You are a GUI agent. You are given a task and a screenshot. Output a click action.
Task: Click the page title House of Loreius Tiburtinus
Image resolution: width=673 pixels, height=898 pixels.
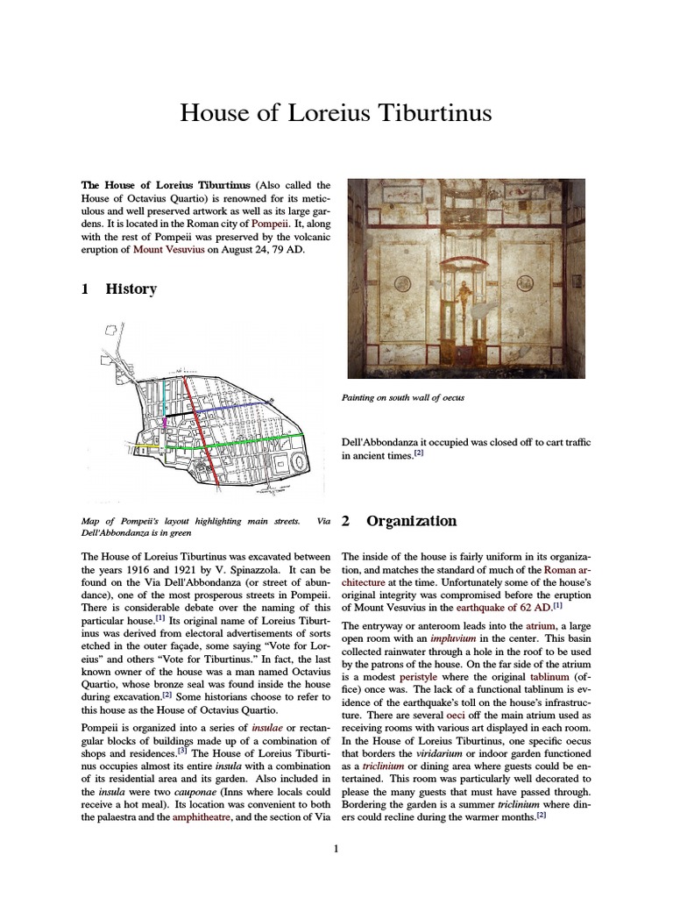click(336, 113)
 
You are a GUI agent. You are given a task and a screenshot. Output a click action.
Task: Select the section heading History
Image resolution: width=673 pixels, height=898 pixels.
click(131, 289)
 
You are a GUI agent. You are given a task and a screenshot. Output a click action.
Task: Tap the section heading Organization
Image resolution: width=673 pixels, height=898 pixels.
click(411, 521)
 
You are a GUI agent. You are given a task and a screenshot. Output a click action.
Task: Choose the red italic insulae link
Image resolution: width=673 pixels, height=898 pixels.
click(267, 728)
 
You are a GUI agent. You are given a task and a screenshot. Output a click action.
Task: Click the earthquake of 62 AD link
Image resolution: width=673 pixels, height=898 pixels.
click(504, 606)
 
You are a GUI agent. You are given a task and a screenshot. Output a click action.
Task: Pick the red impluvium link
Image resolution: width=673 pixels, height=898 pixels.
click(452, 638)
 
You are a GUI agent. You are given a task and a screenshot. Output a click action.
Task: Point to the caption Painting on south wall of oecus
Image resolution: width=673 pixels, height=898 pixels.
click(402, 398)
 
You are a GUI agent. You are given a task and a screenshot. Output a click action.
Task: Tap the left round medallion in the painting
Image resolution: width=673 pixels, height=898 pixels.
click(402, 283)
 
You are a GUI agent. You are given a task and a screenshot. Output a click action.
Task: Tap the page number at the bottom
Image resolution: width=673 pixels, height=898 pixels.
click(336, 849)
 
